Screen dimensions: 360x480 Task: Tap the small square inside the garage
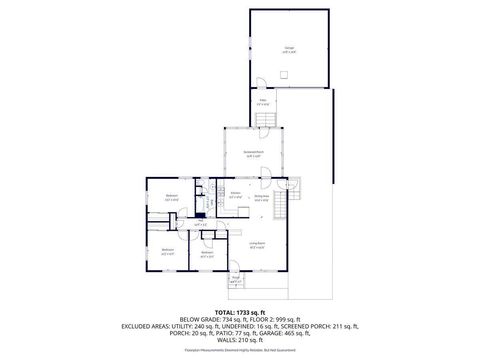(x=287, y=75)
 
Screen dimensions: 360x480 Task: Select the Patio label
(x=264, y=101)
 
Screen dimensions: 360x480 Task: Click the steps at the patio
(x=266, y=120)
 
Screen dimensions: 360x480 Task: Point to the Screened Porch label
(x=253, y=154)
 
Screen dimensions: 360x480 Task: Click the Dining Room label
(x=262, y=197)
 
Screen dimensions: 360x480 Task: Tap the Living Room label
(x=257, y=245)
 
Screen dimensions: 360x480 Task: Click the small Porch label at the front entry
(x=236, y=281)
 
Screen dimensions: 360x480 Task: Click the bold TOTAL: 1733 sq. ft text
(x=240, y=312)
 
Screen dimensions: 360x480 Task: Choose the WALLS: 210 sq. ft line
(x=240, y=339)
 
